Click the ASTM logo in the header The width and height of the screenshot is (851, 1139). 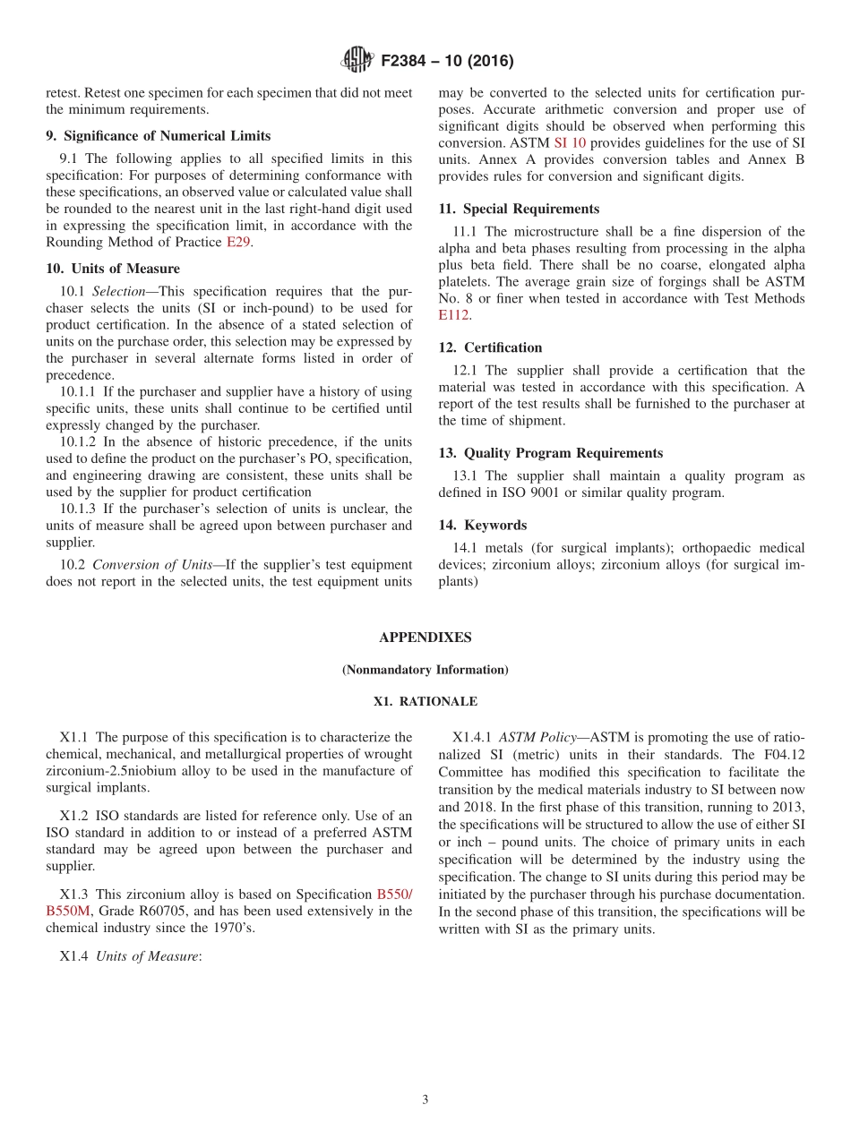coord(357,61)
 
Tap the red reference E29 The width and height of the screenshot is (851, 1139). coord(237,243)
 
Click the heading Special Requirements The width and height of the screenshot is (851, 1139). coord(519,209)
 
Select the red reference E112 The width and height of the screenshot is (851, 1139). coord(453,315)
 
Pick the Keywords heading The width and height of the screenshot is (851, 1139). coord(482,525)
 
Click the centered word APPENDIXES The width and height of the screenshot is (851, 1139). coord(425,638)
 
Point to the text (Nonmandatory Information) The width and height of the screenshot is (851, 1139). coord(425,670)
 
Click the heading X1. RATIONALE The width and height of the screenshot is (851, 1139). coord(425,701)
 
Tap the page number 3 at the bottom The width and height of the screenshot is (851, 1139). coord(425,1100)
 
